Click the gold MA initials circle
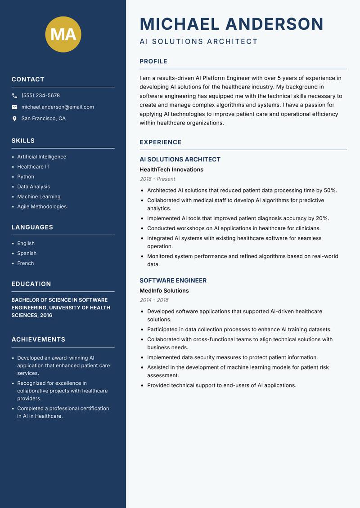pyautogui.click(x=63, y=34)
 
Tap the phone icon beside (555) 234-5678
pyautogui.click(x=14, y=96)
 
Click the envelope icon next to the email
pyautogui.click(x=14, y=107)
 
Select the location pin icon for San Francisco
pyautogui.click(x=14, y=119)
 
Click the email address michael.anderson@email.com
pyautogui.click(x=58, y=107)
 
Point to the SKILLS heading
pyautogui.click(x=23, y=141)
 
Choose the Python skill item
pyautogui.click(x=26, y=177)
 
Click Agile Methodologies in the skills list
pyautogui.click(x=42, y=206)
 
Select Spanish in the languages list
pyautogui.click(x=27, y=253)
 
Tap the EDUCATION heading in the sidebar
pyautogui.click(x=31, y=284)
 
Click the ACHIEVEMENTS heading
pyautogui.click(x=38, y=339)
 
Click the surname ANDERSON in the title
pyautogui.click(x=274, y=24)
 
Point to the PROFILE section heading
pyautogui.click(x=153, y=62)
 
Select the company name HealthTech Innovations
pyautogui.click(x=171, y=169)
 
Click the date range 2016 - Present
pyautogui.click(x=157, y=179)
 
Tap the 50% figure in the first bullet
pyautogui.click(x=330, y=191)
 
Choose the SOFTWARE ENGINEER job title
pyautogui.click(x=173, y=281)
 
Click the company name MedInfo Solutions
pyautogui.click(x=164, y=291)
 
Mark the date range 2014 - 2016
pyautogui.click(x=154, y=300)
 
